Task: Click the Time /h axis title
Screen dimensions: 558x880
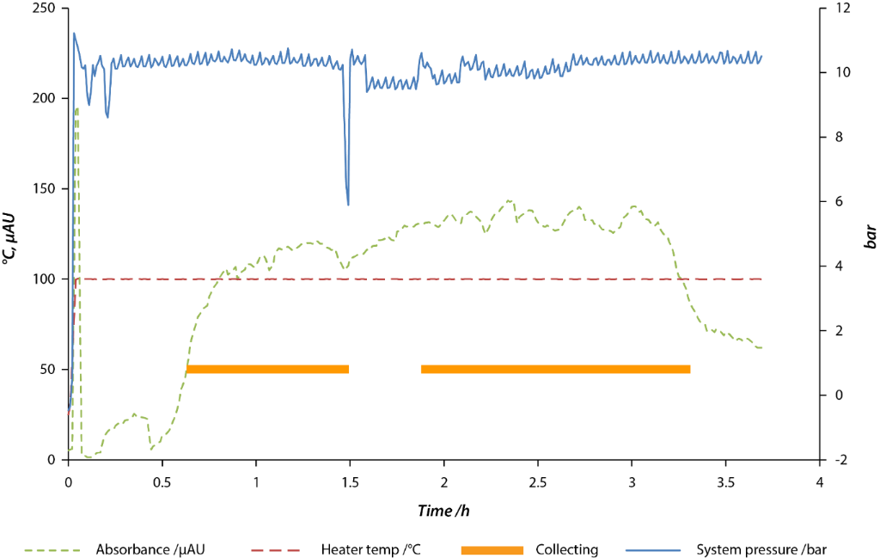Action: [443, 511]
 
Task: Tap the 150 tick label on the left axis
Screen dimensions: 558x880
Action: [46, 188]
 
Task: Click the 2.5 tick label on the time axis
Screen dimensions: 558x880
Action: [538, 483]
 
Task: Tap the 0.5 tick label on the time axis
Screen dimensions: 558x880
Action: [162, 483]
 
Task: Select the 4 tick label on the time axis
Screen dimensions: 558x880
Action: [820, 483]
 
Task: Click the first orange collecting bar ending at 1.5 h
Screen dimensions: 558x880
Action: [267, 370]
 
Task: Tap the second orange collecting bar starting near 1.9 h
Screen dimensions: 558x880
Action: [555, 370]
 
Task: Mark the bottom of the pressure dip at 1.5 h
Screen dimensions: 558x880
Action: [348, 205]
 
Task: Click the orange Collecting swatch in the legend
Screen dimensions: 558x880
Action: [492, 549]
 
